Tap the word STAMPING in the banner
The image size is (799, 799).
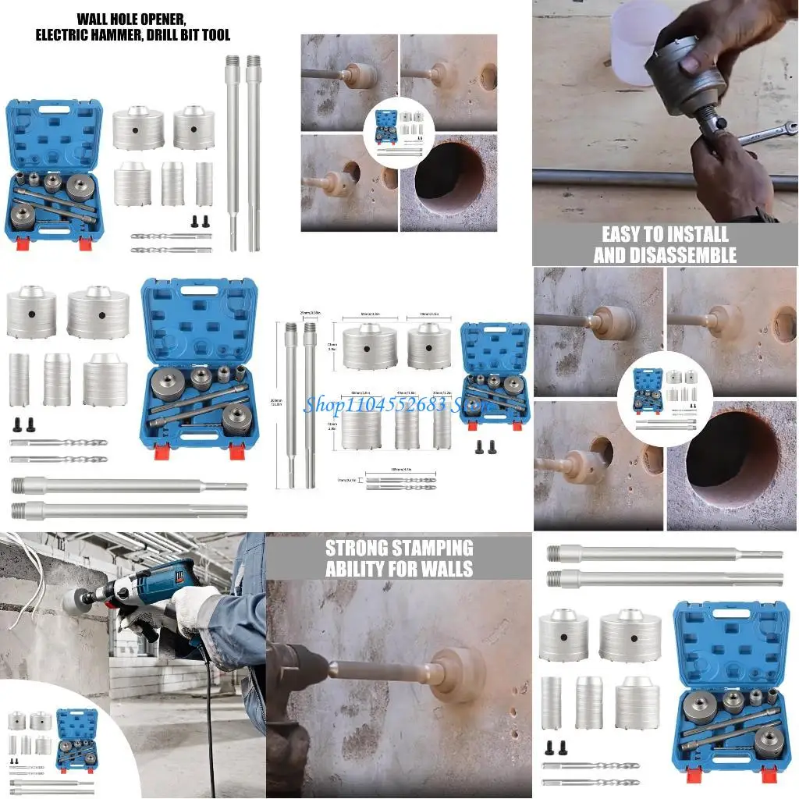click(x=435, y=547)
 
